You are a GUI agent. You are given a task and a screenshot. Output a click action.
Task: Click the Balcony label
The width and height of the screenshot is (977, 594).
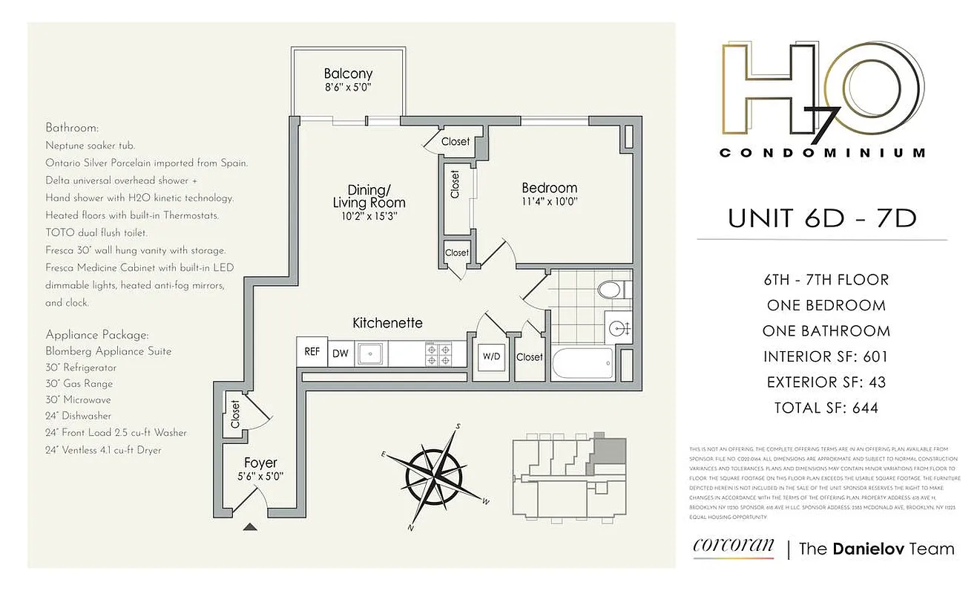(x=348, y=74)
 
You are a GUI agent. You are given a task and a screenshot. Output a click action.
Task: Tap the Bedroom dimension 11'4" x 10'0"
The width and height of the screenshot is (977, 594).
(x=549, y=201)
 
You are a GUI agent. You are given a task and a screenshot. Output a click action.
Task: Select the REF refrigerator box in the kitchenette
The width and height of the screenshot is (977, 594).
(x=312, y=352)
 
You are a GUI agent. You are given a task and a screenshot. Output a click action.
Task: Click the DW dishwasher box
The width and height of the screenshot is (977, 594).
(x=341, y=353)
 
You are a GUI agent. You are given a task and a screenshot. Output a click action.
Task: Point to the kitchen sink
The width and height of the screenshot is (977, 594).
(x=369, y=353)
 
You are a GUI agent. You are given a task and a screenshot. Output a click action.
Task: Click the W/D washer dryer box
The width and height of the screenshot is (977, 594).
(x=491, y=356)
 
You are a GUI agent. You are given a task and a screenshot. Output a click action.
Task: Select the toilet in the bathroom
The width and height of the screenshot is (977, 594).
(x=611, y=290)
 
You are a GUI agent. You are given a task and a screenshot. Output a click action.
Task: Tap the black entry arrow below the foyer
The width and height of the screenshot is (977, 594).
(x=251, y=527)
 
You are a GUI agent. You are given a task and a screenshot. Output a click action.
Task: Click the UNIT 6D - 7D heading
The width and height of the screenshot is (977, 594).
(x=821, y=218)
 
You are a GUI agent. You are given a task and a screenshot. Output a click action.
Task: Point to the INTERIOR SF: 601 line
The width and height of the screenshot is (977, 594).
(x=826, y=357)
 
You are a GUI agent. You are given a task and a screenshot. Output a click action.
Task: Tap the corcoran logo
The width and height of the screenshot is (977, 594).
(x=733, y=547)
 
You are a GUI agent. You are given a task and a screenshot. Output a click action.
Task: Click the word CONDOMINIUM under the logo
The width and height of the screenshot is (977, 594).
(x=823, y=153)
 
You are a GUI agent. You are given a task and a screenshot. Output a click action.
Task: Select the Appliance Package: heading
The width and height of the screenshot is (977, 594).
(x=96, y=335)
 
